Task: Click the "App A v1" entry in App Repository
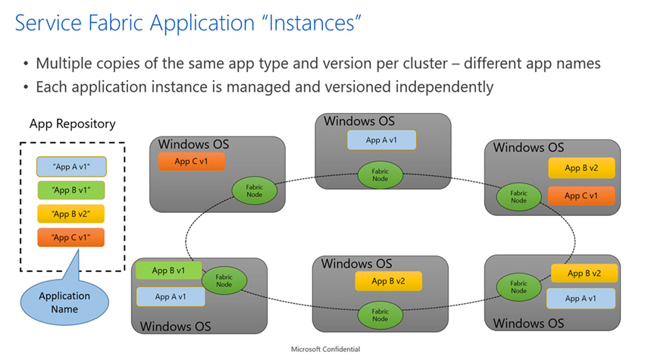pyautogui.click(x=71, y=166)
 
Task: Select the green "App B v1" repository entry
pyautogui.click(x=71, y=189)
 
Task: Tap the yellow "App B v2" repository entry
pyautogui.click(x=71, y=214)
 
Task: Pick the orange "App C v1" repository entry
pyautogui.click(x=71, y=238)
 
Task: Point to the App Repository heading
pyautogui.click(x=72, y=124)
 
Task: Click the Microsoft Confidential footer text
pyautogui.click(x=325, y=349)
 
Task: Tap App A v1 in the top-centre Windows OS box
pyautogui.click(x=382, y=140)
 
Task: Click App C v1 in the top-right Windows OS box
pyautogui.click(x=582, y=196)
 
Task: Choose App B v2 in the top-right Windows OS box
pyautogui.click(x=582, y=168)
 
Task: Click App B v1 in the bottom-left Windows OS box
pyautogui.click(x=170, y=271)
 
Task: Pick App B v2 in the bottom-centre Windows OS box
pyautogui.click(x=387, y=281)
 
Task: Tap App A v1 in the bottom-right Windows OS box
pyautogui.click(x=581, y=298)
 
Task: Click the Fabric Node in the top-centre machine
pyautogui.click(x=379, y=175)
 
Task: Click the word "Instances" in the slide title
pyautogui.click(x=299, y=24)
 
